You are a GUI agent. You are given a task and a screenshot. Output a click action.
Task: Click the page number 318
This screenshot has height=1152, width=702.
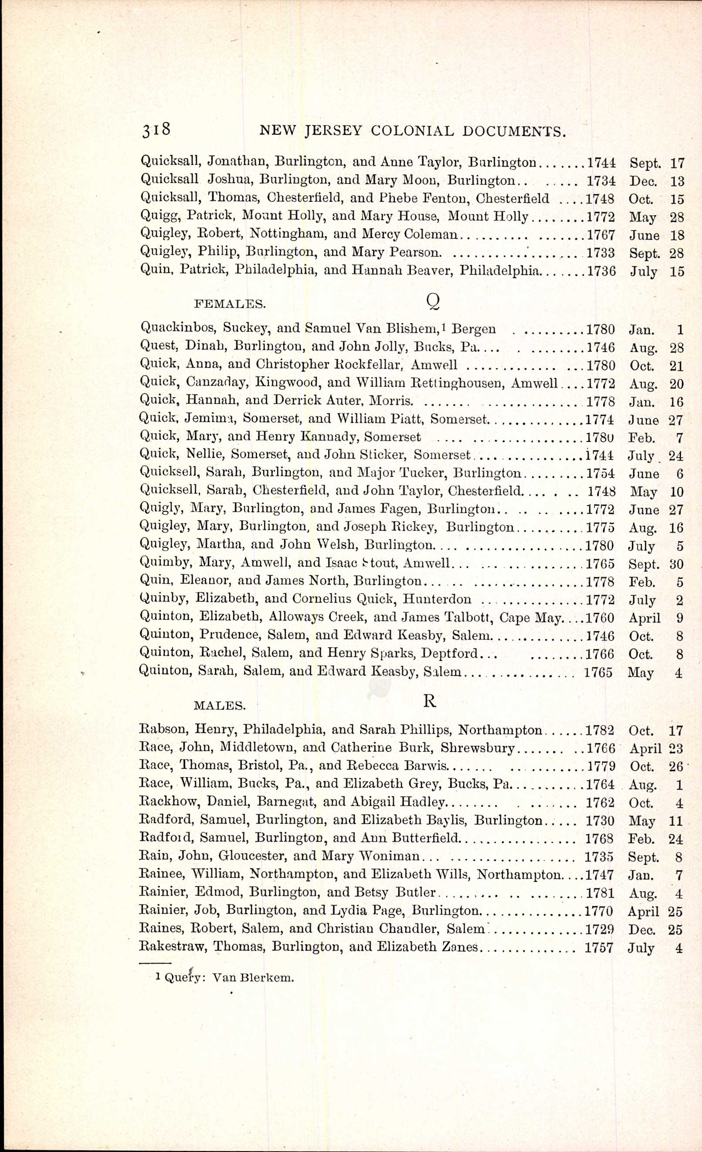(x=156, y=129)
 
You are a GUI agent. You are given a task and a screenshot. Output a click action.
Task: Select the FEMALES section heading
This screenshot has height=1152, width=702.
(x=230, y=304)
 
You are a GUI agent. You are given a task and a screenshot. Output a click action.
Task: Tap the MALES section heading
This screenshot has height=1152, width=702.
(x=220, y=706)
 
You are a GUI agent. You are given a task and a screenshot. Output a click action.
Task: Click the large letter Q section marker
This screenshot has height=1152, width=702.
(x=433, y=302)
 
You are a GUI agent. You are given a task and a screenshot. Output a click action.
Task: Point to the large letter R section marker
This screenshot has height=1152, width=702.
(x=430, y=701)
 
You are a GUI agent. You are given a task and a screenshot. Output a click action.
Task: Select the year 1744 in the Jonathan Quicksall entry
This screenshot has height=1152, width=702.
(x=601, y=163)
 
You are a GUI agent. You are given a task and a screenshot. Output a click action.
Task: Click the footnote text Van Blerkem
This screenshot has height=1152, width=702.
(x=253, y=978)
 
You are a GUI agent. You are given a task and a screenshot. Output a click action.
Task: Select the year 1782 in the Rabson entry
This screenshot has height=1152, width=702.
(x=600, y=730)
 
